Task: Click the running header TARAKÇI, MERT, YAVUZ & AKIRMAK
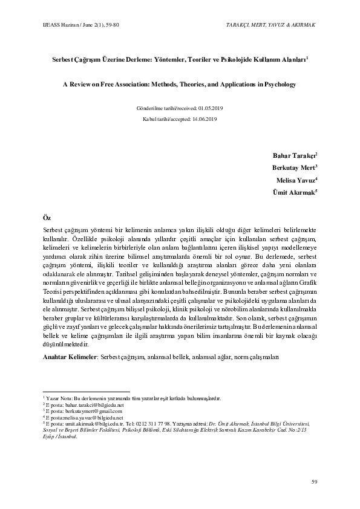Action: [270, 24]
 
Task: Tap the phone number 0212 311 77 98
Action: [159, 424]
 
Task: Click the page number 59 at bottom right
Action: [313, 481]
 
